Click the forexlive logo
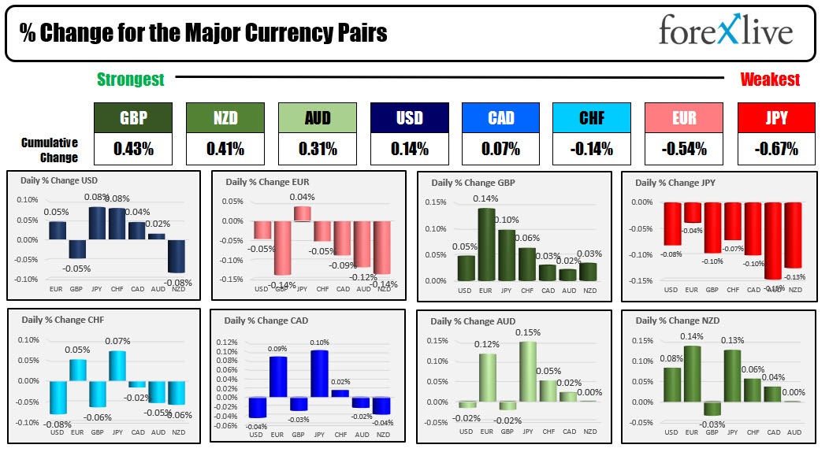click(x=725, y=32)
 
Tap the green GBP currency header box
click(x=132, y=118)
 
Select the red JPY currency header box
click(x=775, y=118)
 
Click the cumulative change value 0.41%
click(x=225, y=148)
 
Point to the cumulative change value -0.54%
click(x=683, y=148)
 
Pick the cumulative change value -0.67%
click(x=775, y=148)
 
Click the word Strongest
click(x=131, y=80)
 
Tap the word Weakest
click(x=770, y=80)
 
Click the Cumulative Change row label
click(x=50, y=150)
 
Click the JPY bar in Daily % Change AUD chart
click(x=527, y=372)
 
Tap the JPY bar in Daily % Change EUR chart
click(x=302, y=213)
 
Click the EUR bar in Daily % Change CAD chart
click(x=277, y=376)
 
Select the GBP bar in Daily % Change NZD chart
click(x=712, y=408)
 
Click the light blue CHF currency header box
click(x=592, y=118)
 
